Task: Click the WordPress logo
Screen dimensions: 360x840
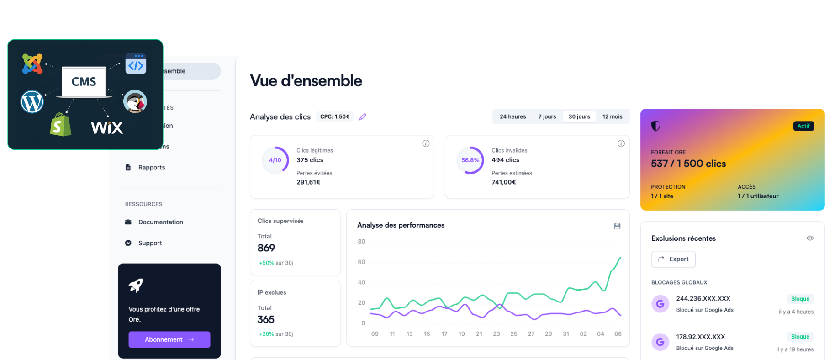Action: (x=32, y=101)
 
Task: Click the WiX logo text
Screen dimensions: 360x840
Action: (x=107, y=127)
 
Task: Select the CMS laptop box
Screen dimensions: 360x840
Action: (x=84, y=82)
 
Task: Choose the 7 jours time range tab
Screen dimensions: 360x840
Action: (x=547, y=116)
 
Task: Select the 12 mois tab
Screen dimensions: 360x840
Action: (x=612, y=116)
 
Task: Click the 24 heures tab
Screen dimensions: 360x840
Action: (x=512, y=116)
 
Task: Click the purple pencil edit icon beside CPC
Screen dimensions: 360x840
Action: (x=363, y=117)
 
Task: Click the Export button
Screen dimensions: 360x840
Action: (x=673, y=259)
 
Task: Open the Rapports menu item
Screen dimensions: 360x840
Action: (x=152, y=168)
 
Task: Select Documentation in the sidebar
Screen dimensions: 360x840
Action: (x=160, y=222)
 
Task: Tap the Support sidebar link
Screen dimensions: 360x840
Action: (x=150, y=243)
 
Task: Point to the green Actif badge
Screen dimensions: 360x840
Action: (x=803, y=126)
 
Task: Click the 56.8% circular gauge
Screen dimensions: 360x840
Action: (x=470, y=160)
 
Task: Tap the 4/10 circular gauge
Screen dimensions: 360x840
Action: (x=275, y=160)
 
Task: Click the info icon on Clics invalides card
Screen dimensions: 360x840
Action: (x=621, y=143)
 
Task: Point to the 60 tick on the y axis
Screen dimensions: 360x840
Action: (x=361, y=262)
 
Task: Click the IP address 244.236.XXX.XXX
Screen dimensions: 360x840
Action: (x=703, y=299)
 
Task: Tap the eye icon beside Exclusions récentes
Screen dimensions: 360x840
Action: (x=810, y=238)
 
